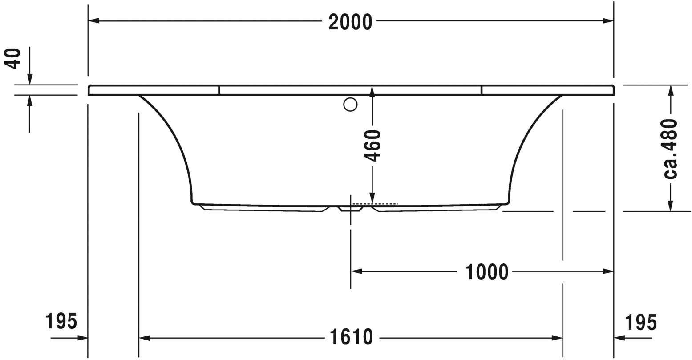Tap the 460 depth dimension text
[x=372, y=146]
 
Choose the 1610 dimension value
[x=351, y=338]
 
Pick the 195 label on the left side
[x=61, y=321]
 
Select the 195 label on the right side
[x=641, y=322]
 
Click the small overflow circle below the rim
[x=350, y=105]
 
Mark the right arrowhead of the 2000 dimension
[x=608, y=21]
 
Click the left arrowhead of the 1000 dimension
[x=356, y=271]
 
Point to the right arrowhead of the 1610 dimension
[x=557, y=338]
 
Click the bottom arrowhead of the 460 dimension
[x=372, y=198]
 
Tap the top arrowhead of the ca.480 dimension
[x=671, y=90]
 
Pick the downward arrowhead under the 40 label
[x=29, y=79]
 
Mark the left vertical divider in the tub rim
[x=219, y=90]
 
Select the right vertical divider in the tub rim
[x=482, y=90]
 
